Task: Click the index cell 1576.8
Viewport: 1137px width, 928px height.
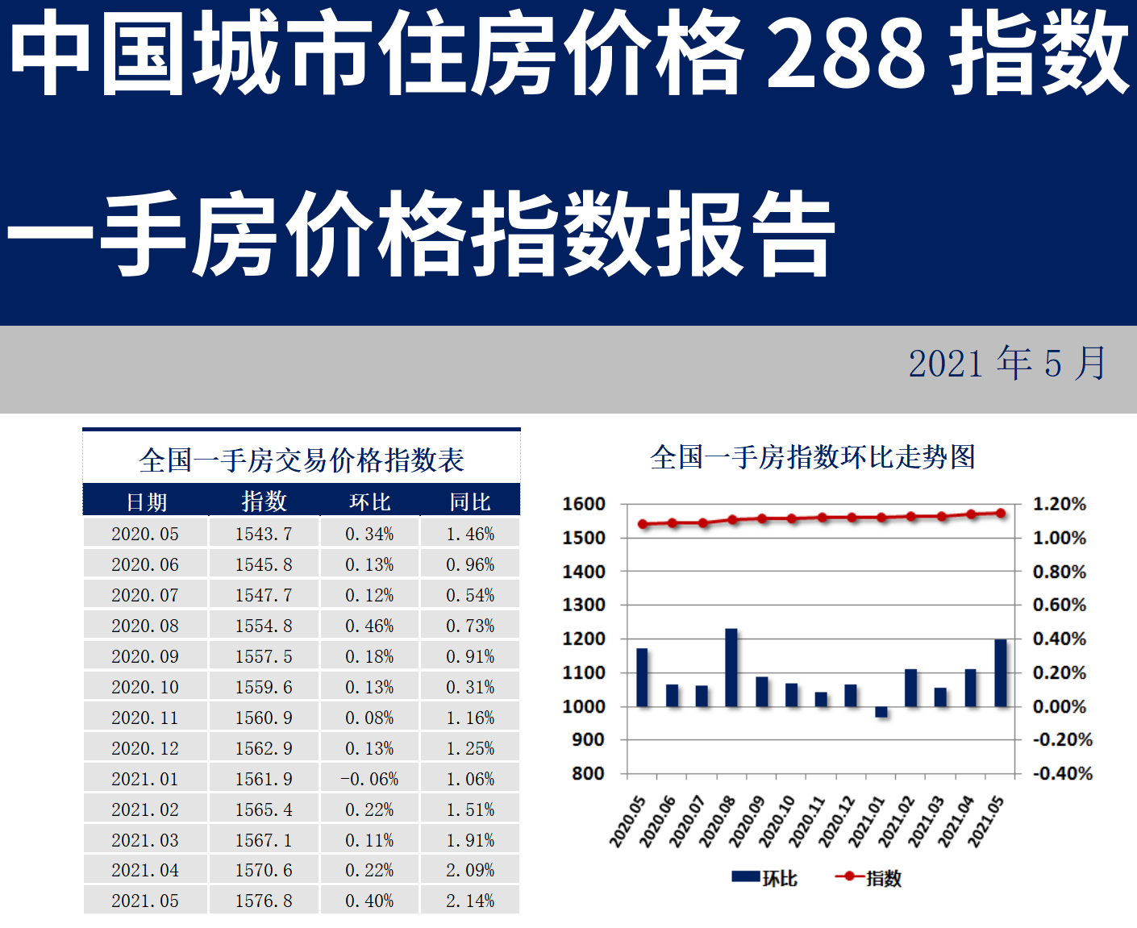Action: click(264, 901)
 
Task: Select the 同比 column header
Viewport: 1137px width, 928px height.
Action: click(470, 501)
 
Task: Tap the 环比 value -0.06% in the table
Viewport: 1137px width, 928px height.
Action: click(369, 779)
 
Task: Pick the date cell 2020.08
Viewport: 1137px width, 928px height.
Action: click(145, 626)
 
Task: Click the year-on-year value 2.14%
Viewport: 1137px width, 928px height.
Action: click(470, 901)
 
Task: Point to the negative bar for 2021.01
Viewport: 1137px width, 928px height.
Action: click(881, 712)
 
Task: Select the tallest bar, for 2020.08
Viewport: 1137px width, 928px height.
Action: click(731, 668)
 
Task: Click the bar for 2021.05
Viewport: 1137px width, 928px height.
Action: click(1001, 673)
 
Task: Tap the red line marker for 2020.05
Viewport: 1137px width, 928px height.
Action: click(643, 524)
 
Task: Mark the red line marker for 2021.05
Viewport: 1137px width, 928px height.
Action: click(1001, 513)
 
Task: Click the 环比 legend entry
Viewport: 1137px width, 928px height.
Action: click(764, 878)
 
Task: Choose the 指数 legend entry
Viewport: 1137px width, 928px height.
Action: click(869, 878)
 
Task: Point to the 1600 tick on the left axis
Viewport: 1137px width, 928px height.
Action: click(584, 504)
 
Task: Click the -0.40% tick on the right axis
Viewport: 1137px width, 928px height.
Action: click(1063, 773)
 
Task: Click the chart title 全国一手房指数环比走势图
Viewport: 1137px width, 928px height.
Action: click(813, 457)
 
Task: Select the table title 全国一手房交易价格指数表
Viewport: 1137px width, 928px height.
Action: click(302, 460)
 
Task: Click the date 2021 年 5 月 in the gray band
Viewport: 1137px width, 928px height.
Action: click(1008, 363)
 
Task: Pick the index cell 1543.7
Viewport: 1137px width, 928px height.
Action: click(264, 534)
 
